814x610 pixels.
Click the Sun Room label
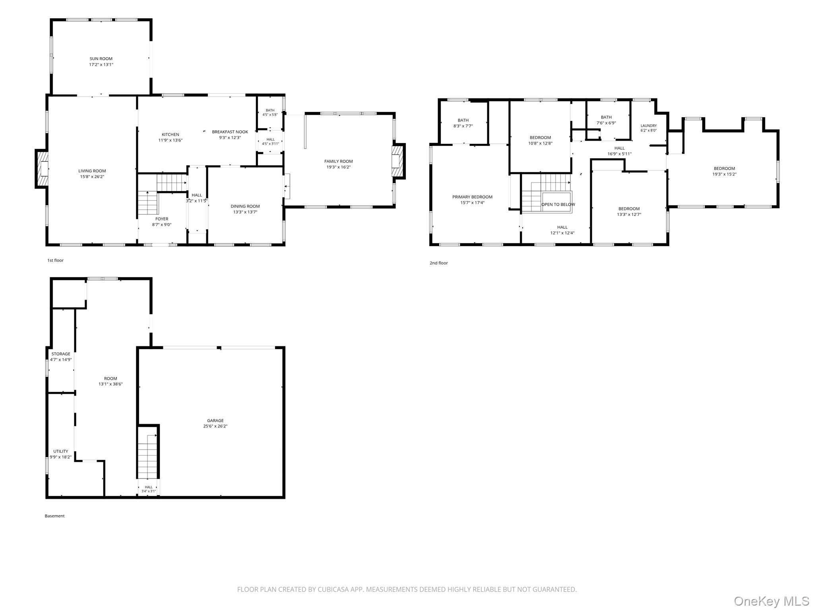pos(101,59)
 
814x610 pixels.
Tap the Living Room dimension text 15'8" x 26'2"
pos(92,177)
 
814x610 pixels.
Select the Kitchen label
pos(171,135)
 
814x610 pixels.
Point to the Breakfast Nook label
pos(230,132)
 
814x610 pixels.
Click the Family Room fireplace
pos(398,161)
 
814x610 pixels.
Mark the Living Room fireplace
pos(42,168)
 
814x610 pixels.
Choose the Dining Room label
pos(245,206)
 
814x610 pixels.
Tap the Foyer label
pos(162,219)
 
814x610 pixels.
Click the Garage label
pos(215,421)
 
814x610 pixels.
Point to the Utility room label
pos(61,451)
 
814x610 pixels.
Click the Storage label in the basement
pos(61,354)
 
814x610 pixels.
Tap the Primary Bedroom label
pos(472,197)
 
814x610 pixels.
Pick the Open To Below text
pos(558,205)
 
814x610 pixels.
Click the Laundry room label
pos(649,126)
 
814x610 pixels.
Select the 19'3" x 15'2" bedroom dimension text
pos(725,174)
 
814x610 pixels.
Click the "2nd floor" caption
pos(439,263)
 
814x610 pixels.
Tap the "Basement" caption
pos(54,516)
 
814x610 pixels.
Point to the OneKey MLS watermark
pos(771,601)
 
